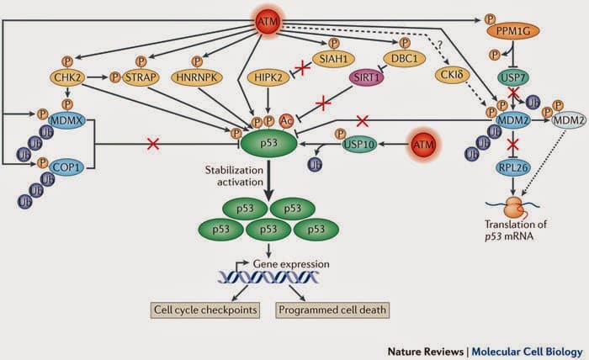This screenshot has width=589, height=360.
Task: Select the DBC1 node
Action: (399, 60)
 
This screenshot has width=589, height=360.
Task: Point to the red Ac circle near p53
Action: (286, 120)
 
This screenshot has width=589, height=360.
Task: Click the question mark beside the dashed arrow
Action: (438, 47)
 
